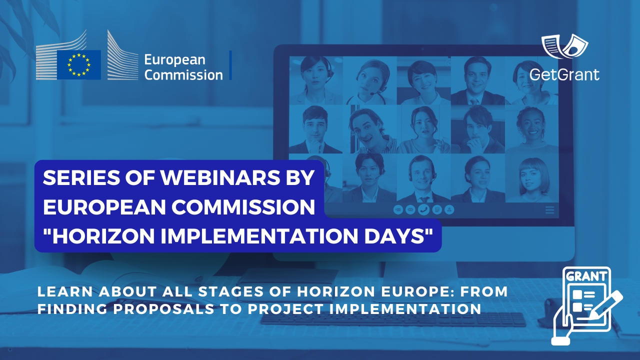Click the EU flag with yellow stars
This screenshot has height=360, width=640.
(x=78, y=64)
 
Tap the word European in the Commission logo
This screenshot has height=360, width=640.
(x=174, y=60)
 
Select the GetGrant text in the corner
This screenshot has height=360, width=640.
(x=564, y=74)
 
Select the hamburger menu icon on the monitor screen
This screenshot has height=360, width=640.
(x=550, y=210)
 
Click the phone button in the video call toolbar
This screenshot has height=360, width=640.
(x=424, y=210)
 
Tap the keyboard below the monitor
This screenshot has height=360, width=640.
(x=393, y=319)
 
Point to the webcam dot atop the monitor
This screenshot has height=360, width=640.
(x=422, y=49)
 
